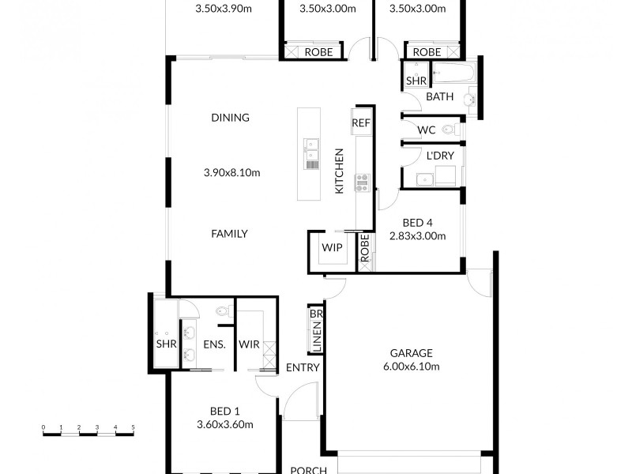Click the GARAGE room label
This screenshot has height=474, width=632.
[x=410, y=353]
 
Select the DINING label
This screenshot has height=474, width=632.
[x=230, y=118]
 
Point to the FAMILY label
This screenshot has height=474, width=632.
[x=230, y=234]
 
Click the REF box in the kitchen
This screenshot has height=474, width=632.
[x=361, y=123]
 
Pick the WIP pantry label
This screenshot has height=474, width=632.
[x=331, y=248]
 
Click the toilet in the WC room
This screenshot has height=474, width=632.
[x=449, y=130]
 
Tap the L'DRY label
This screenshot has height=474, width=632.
[x=440, y=157]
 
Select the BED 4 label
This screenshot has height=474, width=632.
[x=417, y=222]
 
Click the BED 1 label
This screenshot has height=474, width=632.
[x=225, y=411]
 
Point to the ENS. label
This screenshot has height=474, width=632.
[x=215, y=344]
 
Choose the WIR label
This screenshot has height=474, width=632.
[x=249, y=344]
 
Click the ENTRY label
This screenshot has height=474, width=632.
[x=303, y=367]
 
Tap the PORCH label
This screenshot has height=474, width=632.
[x=308, y=469]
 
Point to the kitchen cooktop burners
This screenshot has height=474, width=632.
[x=363, y=182]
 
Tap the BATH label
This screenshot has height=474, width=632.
[x=440, y=97]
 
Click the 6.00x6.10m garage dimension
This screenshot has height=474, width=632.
[x=410, y=367]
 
